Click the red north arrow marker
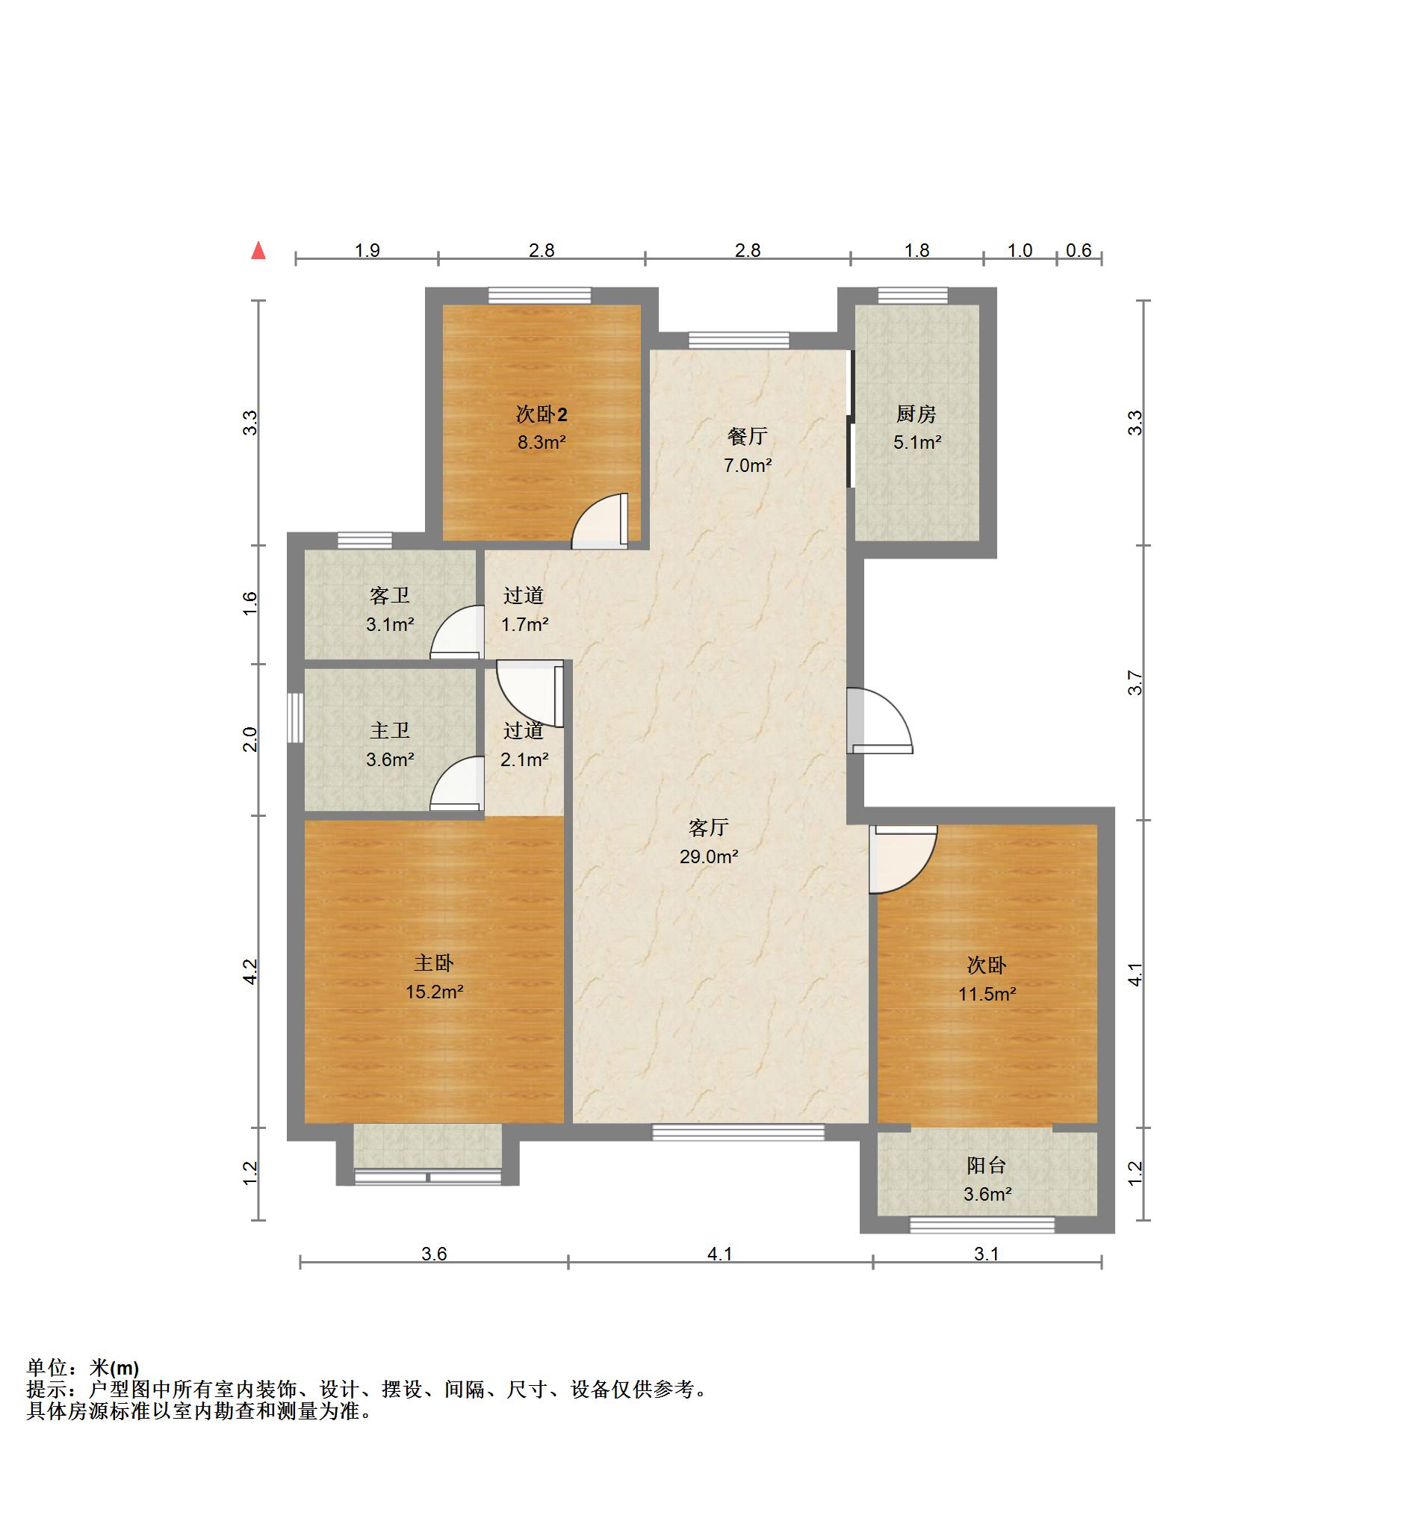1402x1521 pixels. tap(258, 250)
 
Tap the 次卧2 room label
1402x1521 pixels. tap(541, 414)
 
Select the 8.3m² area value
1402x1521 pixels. tap(542, 442)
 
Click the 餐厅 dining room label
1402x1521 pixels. tap(747, 436)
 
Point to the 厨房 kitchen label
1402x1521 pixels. tap(916, 414)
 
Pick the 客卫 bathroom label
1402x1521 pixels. tap(389, 596)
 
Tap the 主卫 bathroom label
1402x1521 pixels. tap(389, 730)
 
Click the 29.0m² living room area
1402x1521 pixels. tap(709, 856)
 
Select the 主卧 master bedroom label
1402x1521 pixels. tap(433, 963)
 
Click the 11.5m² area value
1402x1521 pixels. tap(986, 993)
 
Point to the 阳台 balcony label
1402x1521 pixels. tap(986, 1166)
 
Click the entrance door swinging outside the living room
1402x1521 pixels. tap(879, 721)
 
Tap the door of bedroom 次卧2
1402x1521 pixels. tap(600, 521)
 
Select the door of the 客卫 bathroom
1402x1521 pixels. tap(457, 632)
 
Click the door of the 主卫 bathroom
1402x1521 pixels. tap(457, 784)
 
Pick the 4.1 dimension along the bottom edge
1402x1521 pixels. tap(719, 1254)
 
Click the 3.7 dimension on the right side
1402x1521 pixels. tap(1135, 683)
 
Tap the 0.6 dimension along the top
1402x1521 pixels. tap(1078, 250)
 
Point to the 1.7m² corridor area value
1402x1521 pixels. tap(524, 625)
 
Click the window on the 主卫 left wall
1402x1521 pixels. tap(296, 718)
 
